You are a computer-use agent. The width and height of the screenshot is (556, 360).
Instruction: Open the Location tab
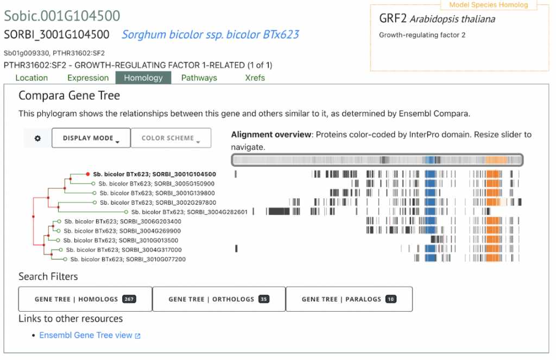coord(31,78)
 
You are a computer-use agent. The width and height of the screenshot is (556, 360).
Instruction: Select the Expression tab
coord(88,78)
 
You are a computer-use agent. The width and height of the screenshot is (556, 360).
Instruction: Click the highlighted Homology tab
coord(143,78)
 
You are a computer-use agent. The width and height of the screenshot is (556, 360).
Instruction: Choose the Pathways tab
coord(199,78)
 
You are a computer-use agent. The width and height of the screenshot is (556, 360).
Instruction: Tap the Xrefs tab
coord(255,78)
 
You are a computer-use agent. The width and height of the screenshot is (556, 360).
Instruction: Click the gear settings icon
coord(37,138)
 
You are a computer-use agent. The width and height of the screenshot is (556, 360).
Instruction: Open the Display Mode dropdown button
coord(91,138)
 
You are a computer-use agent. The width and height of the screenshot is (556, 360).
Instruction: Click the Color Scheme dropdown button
coord(171,138)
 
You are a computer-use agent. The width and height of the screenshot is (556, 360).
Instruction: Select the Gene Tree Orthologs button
coord(219,299)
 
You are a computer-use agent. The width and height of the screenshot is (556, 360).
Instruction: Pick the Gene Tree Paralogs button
coord(349,299)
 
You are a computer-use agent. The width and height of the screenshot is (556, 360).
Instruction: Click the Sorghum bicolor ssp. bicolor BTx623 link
coord(210,34)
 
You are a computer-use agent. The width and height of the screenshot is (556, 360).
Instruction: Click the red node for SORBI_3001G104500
coord(87,174)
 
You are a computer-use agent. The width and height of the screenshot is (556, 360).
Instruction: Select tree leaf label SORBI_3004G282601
coord(189,212)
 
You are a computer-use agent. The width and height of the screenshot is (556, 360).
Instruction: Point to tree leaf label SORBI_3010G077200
coord(128,259)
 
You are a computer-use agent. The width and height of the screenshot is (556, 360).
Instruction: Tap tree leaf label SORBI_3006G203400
coord(123,222)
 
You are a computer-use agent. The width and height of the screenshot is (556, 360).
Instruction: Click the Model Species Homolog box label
coord(489,5)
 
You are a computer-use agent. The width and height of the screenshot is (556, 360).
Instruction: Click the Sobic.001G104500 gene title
coord(62,16)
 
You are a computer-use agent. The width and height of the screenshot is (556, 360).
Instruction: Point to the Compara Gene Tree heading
coord(69,96)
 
